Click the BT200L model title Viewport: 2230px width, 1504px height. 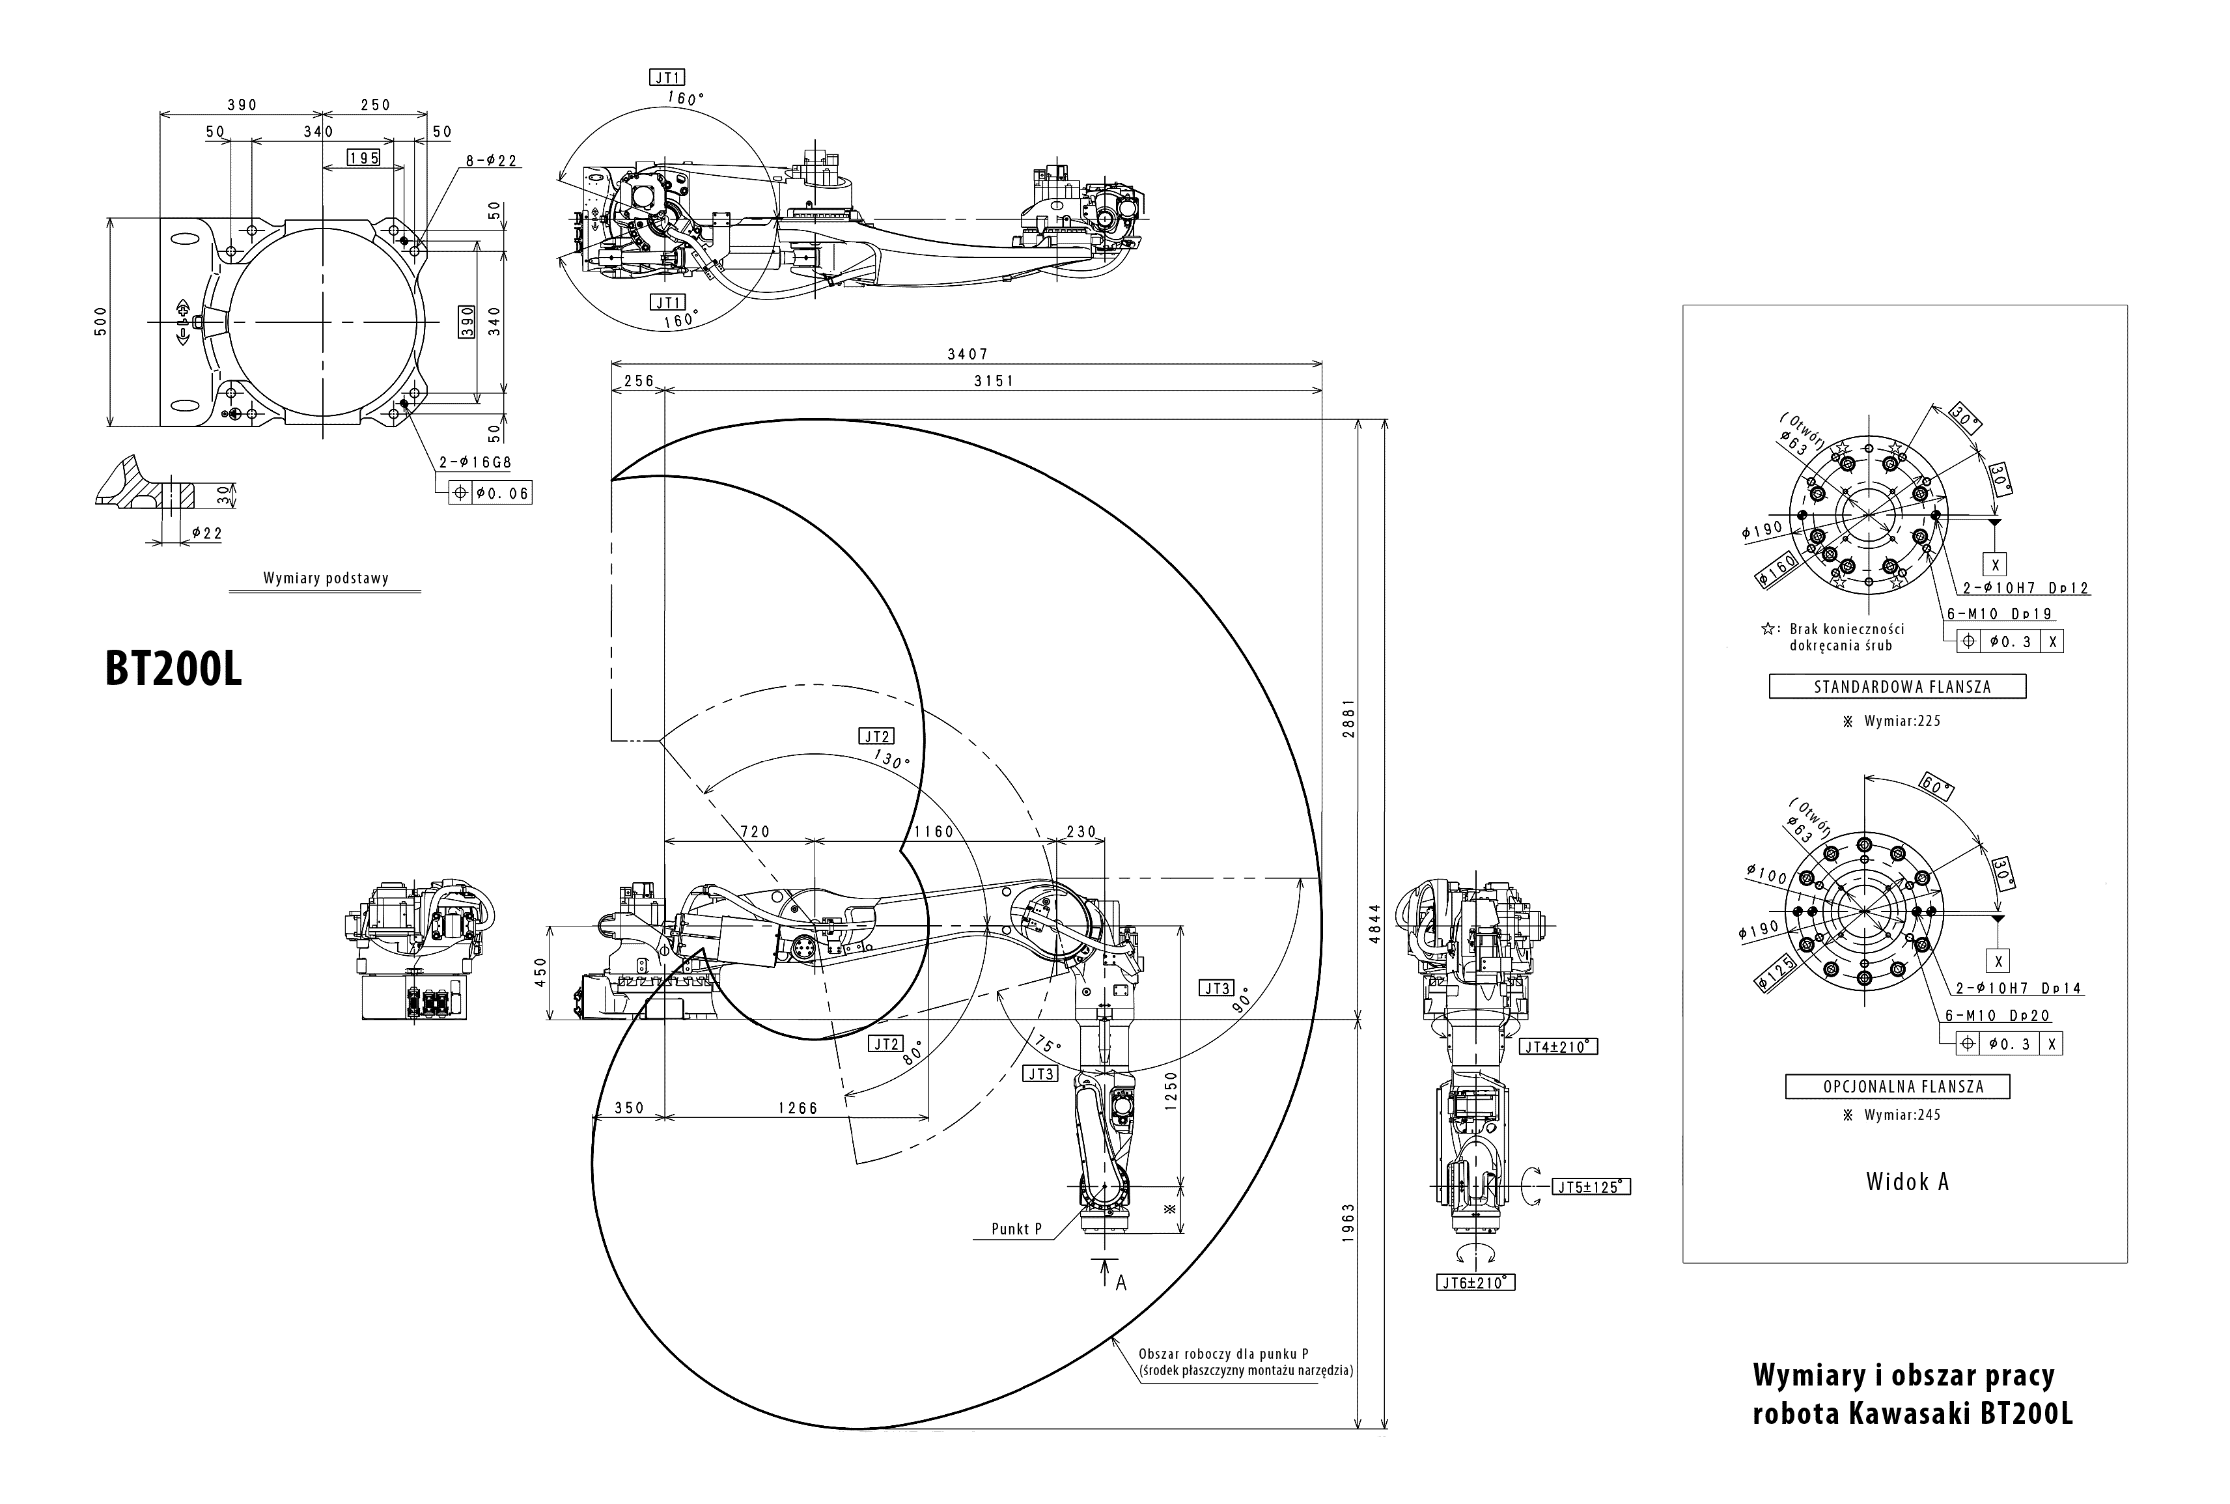pyautogui.click(x=174, y=669)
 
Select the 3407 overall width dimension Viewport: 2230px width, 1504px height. pyautogui.click(x=967, y=355)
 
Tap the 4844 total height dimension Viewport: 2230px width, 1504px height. pyautogui.click(x=1374, y=924)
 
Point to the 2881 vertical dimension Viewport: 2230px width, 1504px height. pyautogui.click(x=1348, y=717)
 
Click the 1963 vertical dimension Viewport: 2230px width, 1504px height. pyautogui.click(x=1348, y=1223)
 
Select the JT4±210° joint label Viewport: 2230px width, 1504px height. pyautogui.click(x=1559, y=1046)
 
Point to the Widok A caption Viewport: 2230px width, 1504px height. pyautogui.click(x=1907, y=1182)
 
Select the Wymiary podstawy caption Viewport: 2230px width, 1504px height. pyautogui.click(x=325, y=578)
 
